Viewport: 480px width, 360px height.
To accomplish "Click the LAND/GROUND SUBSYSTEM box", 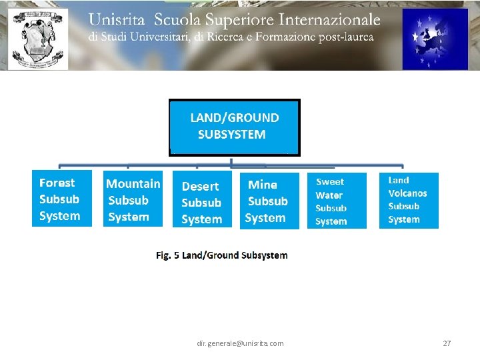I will [x=234, y=127].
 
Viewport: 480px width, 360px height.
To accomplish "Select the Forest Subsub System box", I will [x=61, y=199].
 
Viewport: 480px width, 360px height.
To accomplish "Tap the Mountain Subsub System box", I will [x=133, y=199].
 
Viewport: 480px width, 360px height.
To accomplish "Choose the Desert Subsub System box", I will [x=202, y=202].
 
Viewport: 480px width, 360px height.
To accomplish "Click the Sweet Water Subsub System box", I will [x=336, y=201].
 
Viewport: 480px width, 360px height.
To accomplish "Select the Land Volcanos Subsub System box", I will [x=409, y=200].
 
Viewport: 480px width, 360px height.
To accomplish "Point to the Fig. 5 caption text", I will [x=221, y=255].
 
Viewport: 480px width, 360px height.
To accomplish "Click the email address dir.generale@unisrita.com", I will [x=240, y=343].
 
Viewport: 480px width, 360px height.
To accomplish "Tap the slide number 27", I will [x=447, y=343].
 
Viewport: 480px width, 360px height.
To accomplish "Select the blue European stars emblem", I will [x=435, y=39].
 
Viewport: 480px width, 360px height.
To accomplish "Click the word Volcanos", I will [x=407, y=193].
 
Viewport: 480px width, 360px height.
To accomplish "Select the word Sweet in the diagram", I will [x=330, y=181].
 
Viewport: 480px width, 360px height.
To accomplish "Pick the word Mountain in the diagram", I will [x=133, y=183].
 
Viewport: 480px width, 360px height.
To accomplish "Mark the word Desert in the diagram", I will [x=200, y=187].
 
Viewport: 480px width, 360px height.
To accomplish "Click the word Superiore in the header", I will [x=231, y=20].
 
